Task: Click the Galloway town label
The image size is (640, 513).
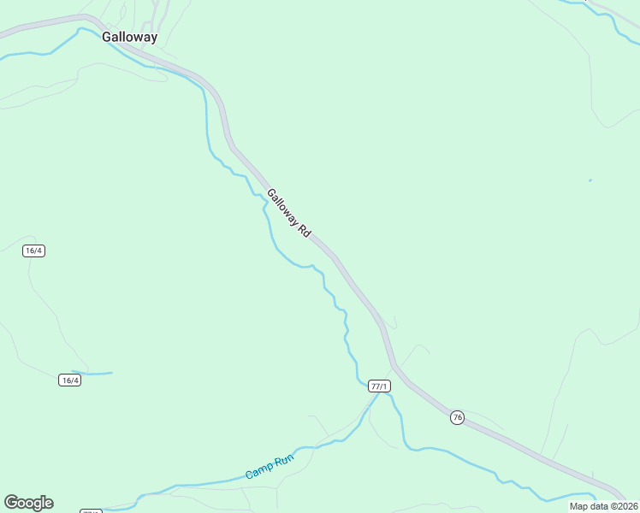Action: (x=129, y=38)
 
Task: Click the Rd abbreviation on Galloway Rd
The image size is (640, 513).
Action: (x=304, y=231)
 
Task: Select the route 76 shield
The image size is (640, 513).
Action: (x=457, y=416)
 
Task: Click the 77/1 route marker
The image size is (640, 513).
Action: (x=379, y=386)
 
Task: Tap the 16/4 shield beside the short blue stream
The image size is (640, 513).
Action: (x=70, y=380)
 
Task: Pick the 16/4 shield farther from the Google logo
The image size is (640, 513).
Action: (x=34, y=251)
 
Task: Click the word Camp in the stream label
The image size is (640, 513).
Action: (x=258, y=471)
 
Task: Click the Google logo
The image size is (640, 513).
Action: (x=28, y=503)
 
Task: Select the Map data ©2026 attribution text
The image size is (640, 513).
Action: (x=604, y=506)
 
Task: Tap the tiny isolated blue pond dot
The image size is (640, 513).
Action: (x=590, y=180)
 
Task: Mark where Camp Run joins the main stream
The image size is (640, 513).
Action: (x=375, y=396)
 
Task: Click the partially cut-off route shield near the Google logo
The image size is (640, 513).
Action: (x=91, y=510)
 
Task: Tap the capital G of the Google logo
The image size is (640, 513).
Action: (x=10, y=503)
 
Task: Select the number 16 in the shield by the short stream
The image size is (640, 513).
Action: (x=66, y=380)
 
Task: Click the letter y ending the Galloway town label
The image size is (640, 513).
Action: (x=153, y=39)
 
